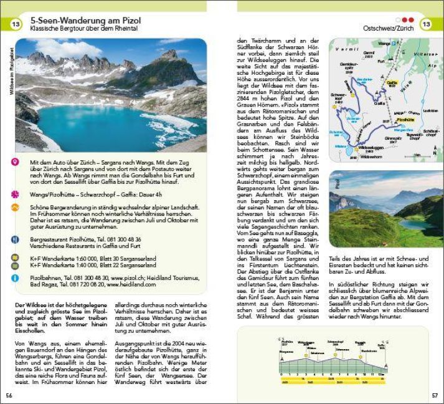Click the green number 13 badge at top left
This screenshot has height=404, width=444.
tap(16, 24)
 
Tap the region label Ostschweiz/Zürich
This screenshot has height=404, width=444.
tap(389, 28)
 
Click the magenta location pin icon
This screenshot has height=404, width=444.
tap(16, 163)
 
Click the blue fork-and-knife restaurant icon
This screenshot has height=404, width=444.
tap(16, 239)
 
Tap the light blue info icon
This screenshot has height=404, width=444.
tap(16, 278)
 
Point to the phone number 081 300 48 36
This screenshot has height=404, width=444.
tap(124, 239)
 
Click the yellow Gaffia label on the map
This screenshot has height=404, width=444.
tap(392, 82)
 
